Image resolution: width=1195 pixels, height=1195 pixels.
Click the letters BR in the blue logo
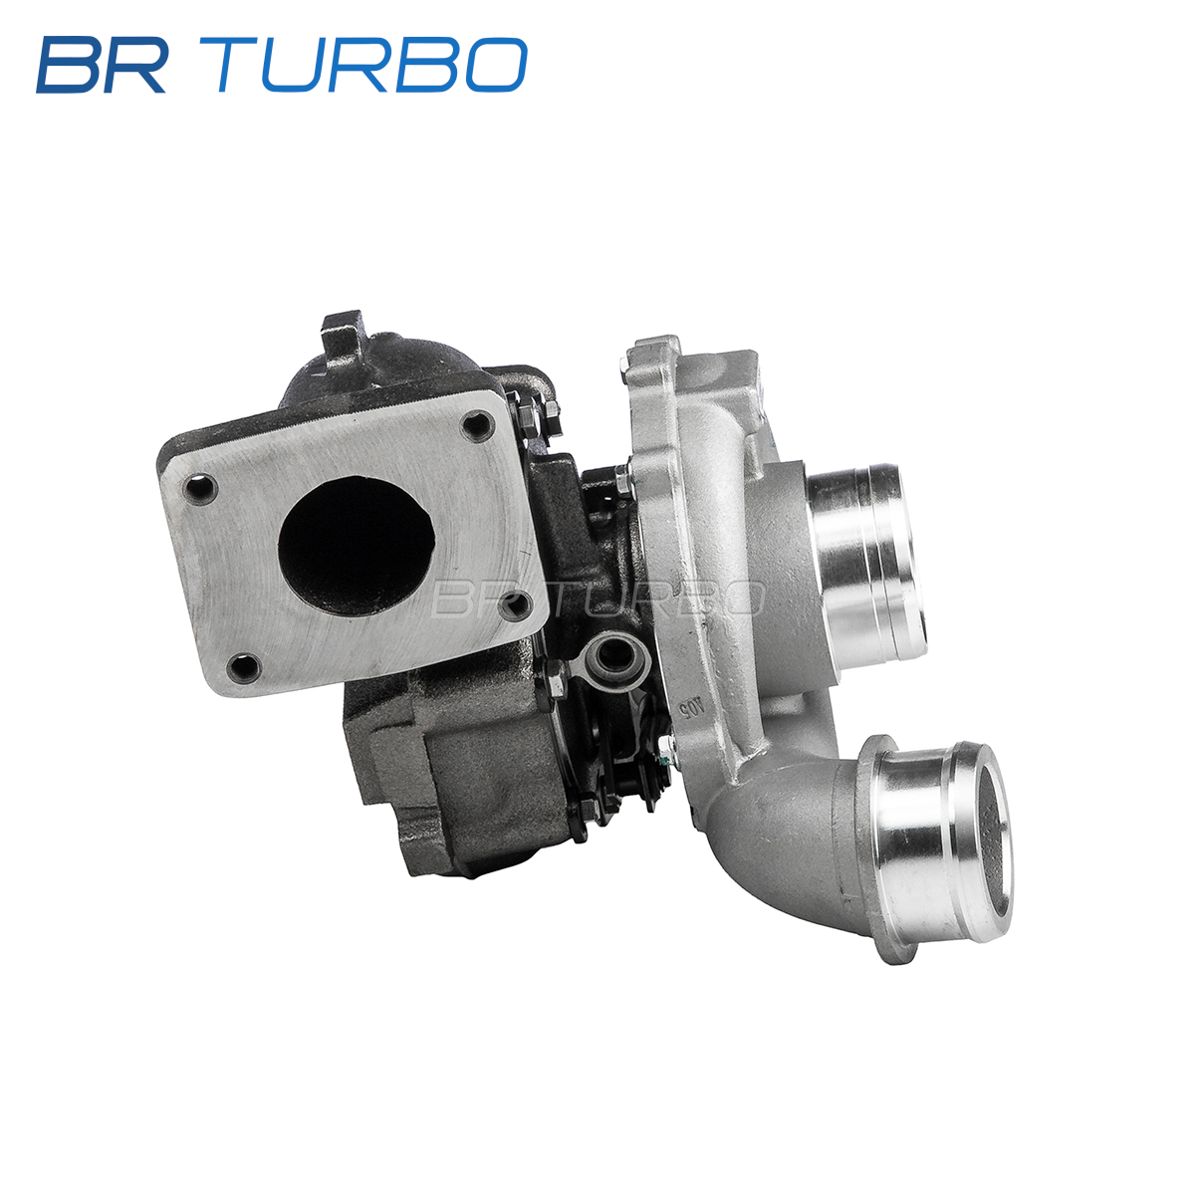(x=102, y=65)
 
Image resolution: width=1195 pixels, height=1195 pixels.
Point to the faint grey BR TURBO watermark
(x=597, y=598)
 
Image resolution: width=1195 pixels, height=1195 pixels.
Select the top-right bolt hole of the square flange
(x=478, y=426)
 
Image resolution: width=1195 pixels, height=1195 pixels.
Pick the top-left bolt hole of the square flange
(x=200, y=488)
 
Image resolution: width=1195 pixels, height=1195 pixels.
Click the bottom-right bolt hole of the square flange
(x=516, y=604)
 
